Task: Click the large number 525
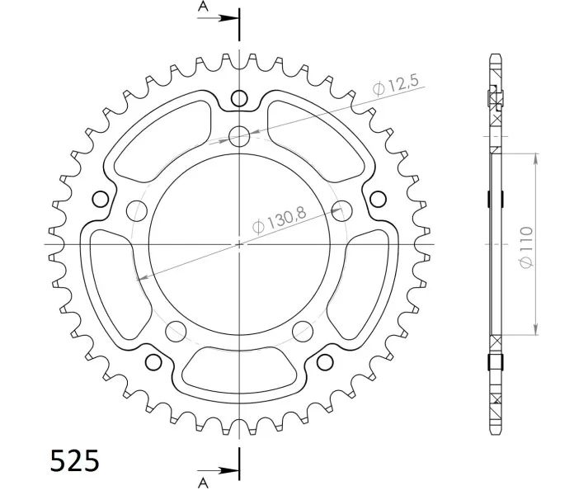(74, 460)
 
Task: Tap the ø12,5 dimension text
(395, 85)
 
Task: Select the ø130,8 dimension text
(280, 220)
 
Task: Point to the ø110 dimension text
(526, 247)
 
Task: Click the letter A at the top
(203, 7)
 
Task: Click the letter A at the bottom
(203, 483)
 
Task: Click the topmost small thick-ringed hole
(239, 98)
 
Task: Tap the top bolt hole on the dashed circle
(239, 136)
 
